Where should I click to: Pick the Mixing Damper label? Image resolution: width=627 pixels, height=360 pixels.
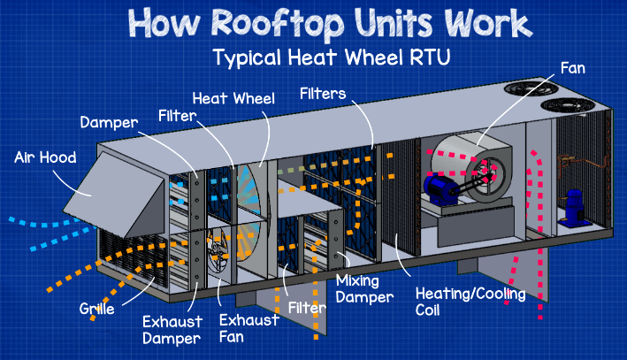tap(364, 289)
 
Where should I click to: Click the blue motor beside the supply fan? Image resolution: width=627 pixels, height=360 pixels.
tap(440, 187)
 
